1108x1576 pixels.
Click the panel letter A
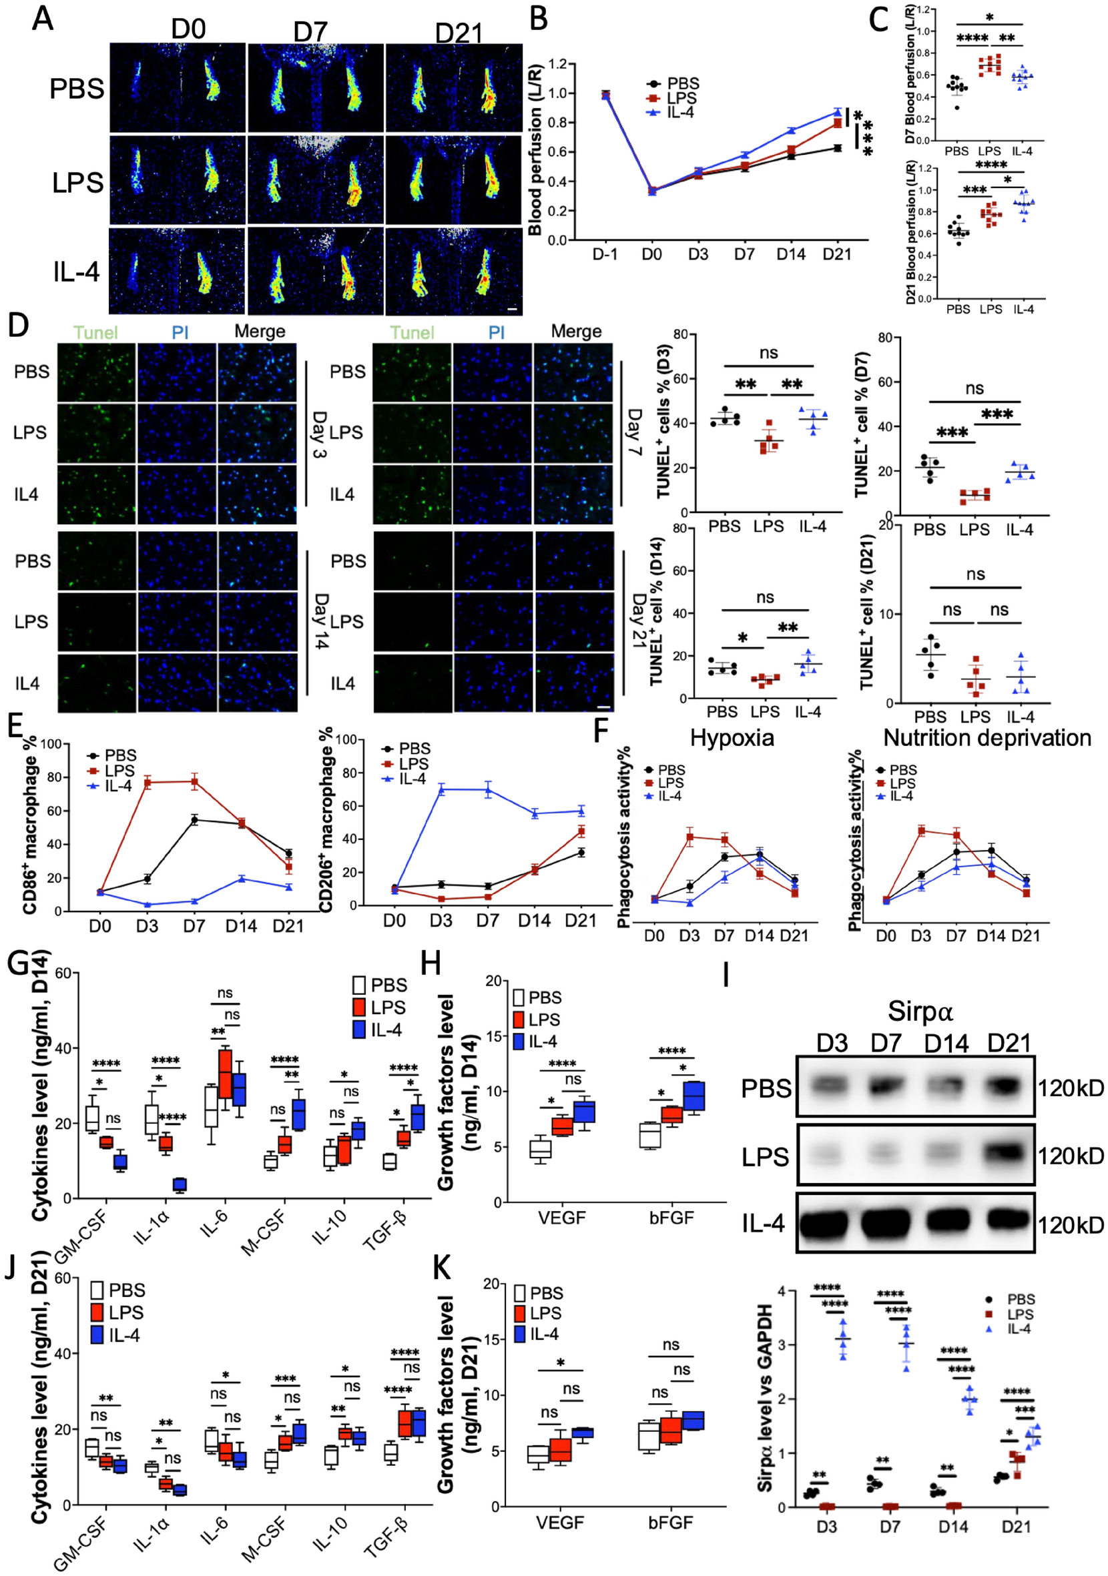click(43, 19)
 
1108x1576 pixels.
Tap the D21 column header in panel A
click(459, 33)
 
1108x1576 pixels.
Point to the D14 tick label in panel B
click(791, 255)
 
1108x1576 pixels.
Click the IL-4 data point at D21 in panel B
click(838, 111)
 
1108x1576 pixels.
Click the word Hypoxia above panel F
click(732, 738)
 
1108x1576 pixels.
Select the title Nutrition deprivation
click(987, 738)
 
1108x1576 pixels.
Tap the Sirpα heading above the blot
click(920, 1011)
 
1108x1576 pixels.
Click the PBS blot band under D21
click(1009, 1088)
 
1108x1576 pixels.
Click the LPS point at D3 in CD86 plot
click(147, 782)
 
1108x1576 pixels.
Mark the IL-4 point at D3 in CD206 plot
click(441, 789)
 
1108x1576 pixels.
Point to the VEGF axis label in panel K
click(560, 1523)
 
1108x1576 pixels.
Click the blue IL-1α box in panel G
click(180, 1184)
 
